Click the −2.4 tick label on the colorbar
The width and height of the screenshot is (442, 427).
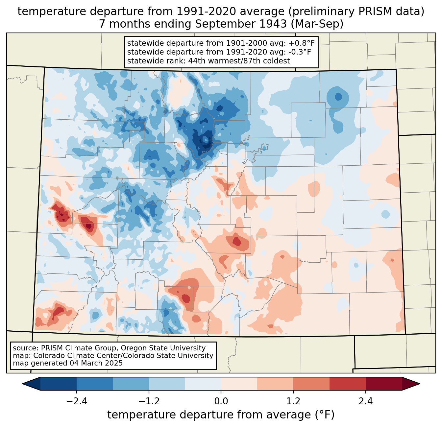(77, 401)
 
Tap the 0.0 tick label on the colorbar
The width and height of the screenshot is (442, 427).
(221, 401)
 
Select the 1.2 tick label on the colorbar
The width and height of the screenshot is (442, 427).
(293, 401)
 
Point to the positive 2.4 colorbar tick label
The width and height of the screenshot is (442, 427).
(365, 401)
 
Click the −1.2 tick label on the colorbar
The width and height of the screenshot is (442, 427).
(149, 401)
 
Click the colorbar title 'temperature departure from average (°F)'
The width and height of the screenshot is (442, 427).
(221, 415)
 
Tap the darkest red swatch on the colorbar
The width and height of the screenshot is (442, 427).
(383, 384)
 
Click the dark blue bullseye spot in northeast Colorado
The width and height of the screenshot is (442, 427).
(338, 97)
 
